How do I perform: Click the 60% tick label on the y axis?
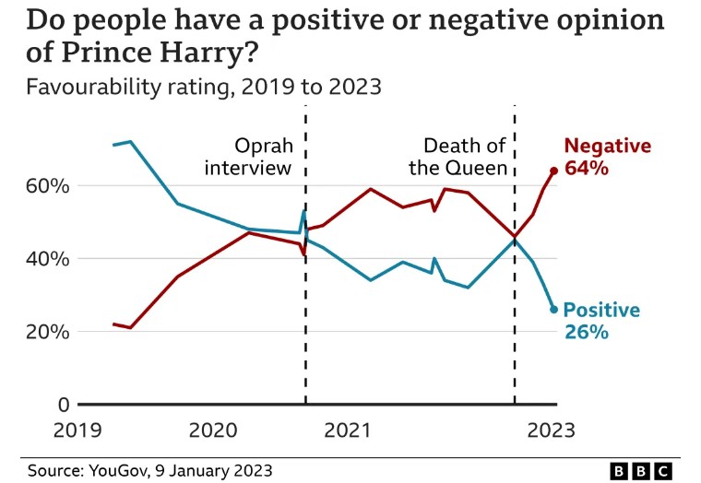[47, 186]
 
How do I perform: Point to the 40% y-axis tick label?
[47, 259]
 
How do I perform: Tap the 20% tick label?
[47, 332]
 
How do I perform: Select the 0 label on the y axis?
[63, 405]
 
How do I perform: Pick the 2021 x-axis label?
[348, 430]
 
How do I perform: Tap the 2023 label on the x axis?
[551, 430]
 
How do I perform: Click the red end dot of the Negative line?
[553, 171]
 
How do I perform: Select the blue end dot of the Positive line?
[553, 310]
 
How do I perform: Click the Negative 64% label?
[607, 157]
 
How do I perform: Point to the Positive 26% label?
[600, 321]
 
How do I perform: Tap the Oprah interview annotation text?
[248, 157]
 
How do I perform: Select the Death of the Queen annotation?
[465, 157]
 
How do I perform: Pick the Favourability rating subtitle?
[203, 88]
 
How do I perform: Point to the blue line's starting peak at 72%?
[131, 142]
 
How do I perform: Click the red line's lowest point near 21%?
[131, 327]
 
